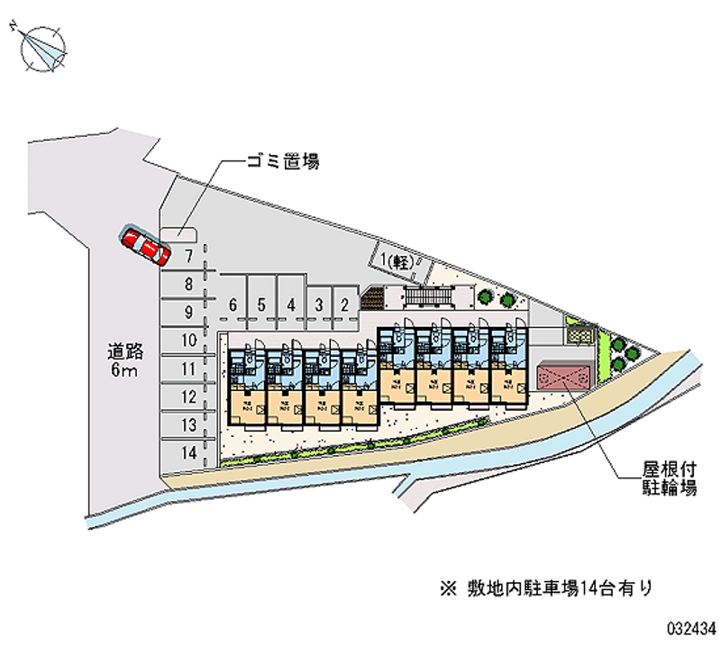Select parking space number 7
(187, 256)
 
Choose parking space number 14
(187, 452)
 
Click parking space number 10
(187, 341)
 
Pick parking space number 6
(233, 304)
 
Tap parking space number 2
(345, 304)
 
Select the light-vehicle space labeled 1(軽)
(397, 261)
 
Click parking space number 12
(187, 396)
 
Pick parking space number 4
(291, 304)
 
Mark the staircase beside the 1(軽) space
(427, 295)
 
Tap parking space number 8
(187, 285)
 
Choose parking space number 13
(187, 424)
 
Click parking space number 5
(261, 304)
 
